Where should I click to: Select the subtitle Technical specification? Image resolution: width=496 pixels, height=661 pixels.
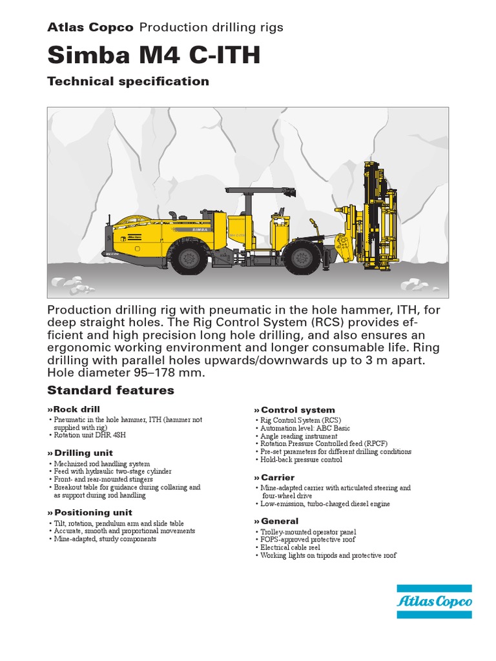(x=128, y=81)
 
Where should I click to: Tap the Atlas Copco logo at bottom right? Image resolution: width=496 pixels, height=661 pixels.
(x=434, y=602)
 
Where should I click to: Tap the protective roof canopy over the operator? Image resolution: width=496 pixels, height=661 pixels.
(x=260, y=191)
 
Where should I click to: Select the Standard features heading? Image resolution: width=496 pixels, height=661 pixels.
(x=110, y=390)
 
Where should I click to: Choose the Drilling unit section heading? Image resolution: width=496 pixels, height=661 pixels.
(x=81, y=453)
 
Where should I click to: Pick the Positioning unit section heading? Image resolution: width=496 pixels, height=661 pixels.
(x=90, y=513)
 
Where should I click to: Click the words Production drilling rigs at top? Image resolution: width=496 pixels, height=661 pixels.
(x=211, y=27)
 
